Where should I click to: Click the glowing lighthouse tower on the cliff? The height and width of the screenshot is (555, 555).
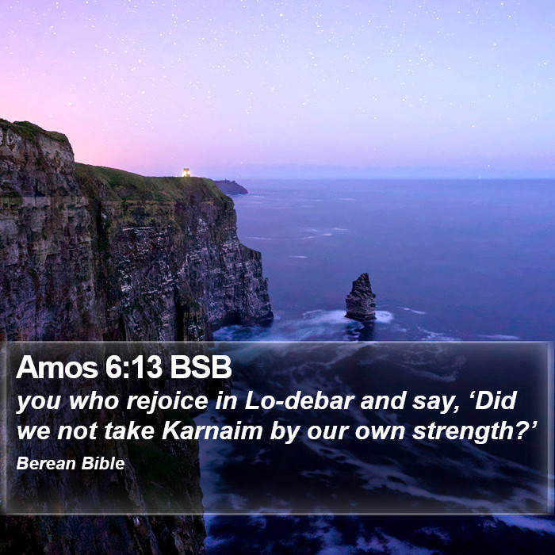pos(186,172)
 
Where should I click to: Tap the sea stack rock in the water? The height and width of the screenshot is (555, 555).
pos(361,297)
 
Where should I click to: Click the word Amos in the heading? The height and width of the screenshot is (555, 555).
pos(57,367)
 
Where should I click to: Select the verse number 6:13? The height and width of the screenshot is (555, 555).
pos(133,367)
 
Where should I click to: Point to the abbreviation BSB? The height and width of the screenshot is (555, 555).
pos(201,367)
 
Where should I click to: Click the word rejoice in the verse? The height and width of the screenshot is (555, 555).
pos(167,402)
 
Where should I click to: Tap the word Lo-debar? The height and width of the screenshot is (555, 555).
pos(300,400)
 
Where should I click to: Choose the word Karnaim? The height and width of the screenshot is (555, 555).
pos(212,431)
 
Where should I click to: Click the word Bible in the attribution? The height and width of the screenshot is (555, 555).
pos(103,463)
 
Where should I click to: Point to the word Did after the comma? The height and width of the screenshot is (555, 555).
pos(496,400)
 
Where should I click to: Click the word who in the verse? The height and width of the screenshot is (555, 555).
pos(94,400)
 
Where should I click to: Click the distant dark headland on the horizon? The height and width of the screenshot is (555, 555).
pos(231,187)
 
